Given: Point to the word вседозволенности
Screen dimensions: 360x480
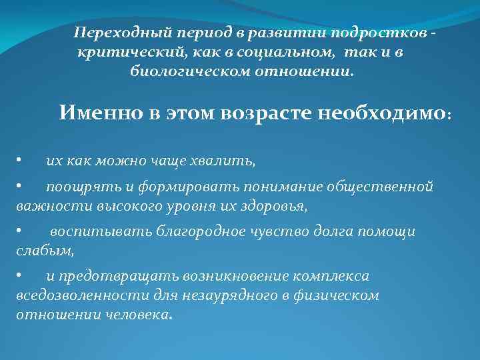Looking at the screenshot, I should point(73,295).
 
